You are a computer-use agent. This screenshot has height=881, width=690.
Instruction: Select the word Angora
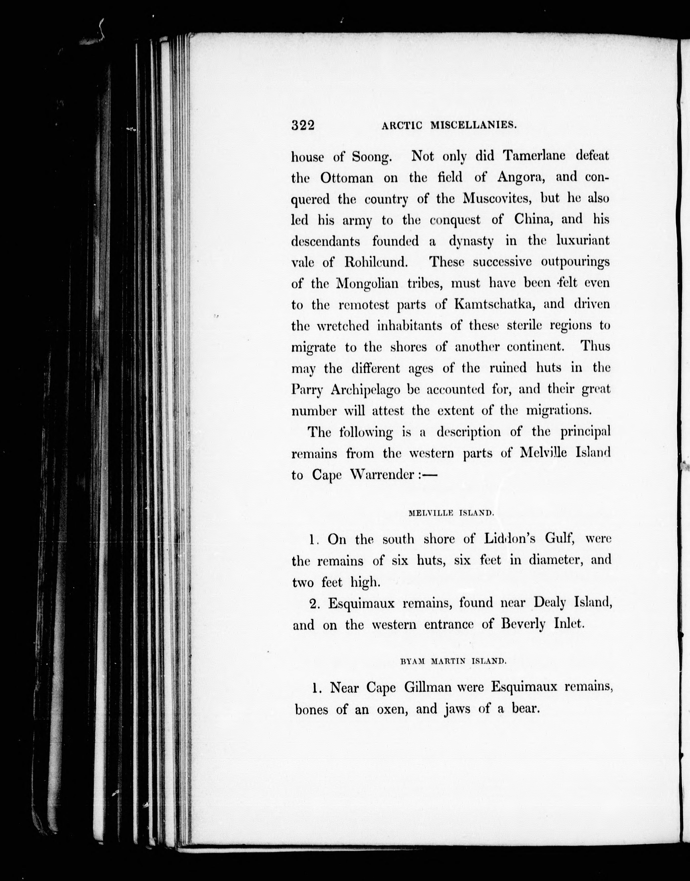click(x=520, y=178)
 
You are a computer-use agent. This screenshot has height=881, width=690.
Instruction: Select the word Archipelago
click(x=366, y=390)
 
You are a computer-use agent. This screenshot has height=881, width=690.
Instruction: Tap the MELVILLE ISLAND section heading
click(x=451, y=514)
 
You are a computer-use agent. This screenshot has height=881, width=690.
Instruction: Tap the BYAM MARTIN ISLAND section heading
click(x=453, y=662)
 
